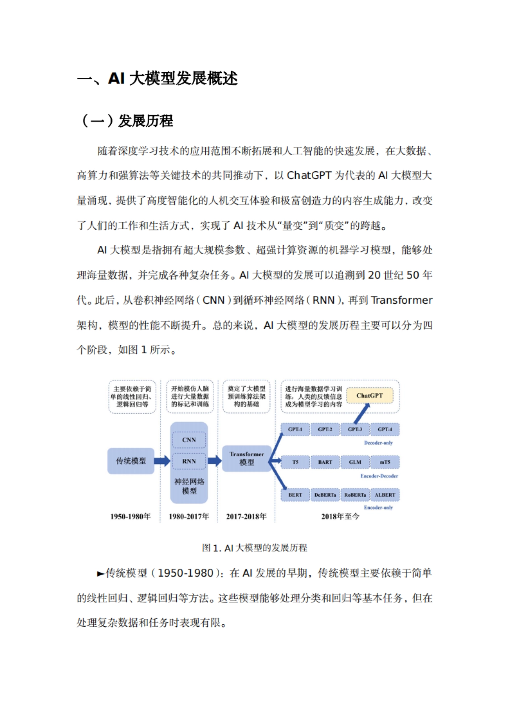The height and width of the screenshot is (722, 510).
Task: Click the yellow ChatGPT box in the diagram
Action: click(369, 396)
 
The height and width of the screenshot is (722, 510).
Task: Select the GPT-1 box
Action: click(295, 429)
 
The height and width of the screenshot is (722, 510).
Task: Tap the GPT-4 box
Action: click(385, 429)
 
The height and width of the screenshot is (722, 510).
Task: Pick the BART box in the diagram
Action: click(325, 462)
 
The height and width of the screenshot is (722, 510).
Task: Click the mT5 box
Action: click(385, 462)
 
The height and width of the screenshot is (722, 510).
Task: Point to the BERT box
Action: click(295, 495)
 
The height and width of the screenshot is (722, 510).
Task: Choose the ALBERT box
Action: click(385, 495)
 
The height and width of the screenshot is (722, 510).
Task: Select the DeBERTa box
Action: click(325, 495)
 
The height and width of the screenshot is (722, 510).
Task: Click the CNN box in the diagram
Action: click(189, 440)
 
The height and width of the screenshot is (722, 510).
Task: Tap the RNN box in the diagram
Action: click(189, 461)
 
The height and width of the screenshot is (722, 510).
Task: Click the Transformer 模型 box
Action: click(246, 458)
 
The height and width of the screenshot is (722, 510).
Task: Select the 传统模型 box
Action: click(131, 461)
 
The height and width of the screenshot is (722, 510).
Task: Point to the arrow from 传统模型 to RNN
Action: click(162, 461)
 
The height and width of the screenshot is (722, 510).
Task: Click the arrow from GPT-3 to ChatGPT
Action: click(361, 413)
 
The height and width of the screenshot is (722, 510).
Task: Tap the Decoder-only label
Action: click(378, 443)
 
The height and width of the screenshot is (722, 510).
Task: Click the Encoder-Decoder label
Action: click(379, 476)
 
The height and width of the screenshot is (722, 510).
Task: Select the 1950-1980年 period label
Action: click(130, 517)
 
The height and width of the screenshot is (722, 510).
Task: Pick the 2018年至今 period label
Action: click(340, 517)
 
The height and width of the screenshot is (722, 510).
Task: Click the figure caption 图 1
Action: click(254, 548)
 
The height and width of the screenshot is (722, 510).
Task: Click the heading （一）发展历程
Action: click(127, 121)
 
